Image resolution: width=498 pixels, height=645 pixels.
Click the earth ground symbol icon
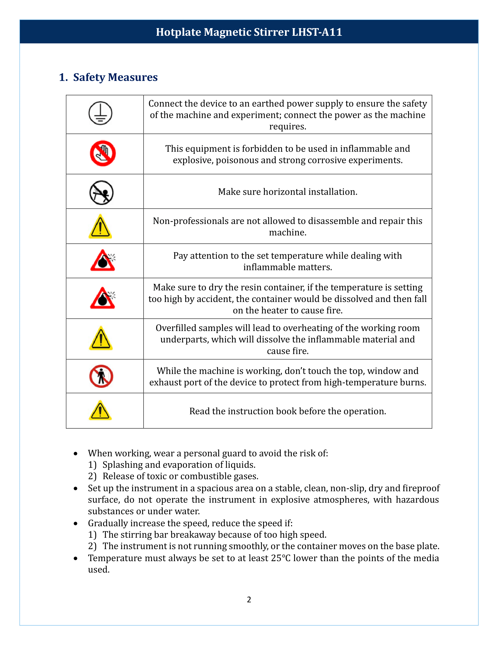tap(100, 113)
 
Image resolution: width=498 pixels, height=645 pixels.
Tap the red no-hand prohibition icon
tap(103, 153)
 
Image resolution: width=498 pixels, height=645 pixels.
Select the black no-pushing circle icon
tap(101, 193)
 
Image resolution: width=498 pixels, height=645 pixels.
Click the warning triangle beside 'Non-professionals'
tap(100, 227)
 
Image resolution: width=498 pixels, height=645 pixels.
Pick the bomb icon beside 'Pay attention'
tap(103, 260)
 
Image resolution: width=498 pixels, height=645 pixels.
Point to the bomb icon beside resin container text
tap(103, 298)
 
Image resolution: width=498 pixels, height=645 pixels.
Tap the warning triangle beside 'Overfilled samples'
tap(101, 338)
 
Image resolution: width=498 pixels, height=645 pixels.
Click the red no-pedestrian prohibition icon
tap(101, 376)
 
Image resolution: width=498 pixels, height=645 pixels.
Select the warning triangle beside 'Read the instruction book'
tap(100, 410)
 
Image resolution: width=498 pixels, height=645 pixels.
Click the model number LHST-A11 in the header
tap(317, 32)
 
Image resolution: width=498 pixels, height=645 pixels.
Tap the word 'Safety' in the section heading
tap(89, 77)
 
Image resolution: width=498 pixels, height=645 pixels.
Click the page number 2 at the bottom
tap(249, 600)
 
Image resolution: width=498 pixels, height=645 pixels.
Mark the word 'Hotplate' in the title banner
tap(178, 32)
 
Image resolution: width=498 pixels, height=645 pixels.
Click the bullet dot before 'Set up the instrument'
tap(76, 489)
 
